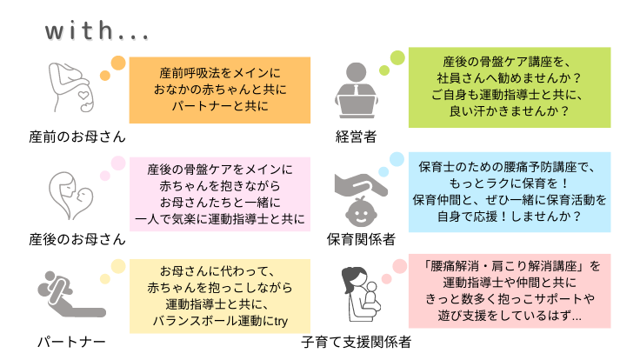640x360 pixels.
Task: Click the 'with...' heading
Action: [97, 32]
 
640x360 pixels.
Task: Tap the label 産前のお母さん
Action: [77, 137]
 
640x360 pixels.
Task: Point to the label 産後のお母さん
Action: [77, 238]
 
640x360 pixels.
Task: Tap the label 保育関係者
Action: [361, 238]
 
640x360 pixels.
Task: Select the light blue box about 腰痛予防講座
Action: [510, 193]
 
